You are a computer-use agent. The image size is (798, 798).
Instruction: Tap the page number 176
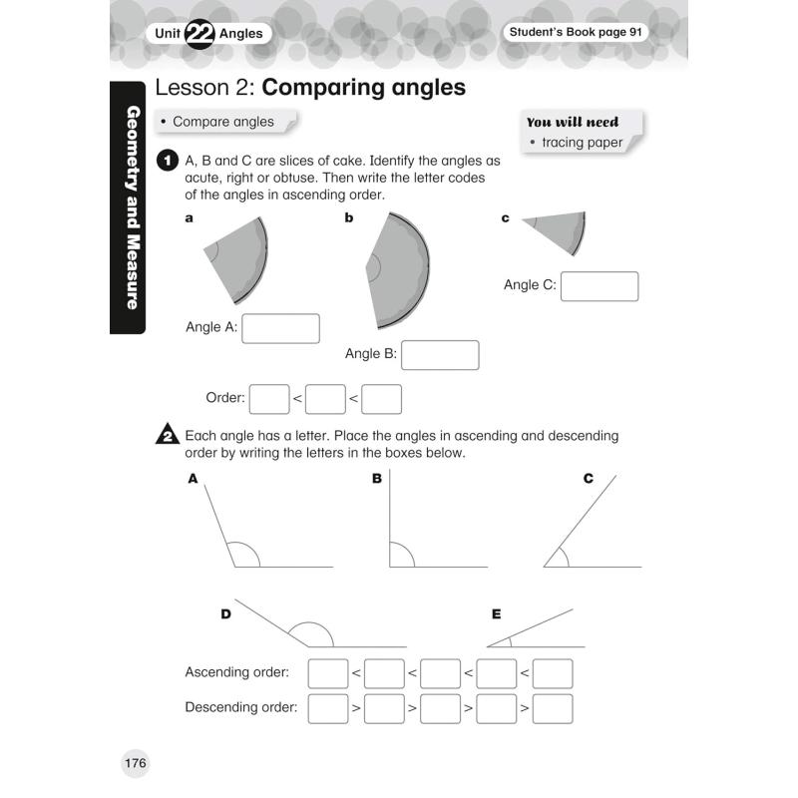pos(136,764)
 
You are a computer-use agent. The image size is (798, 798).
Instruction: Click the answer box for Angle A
pos(280,328)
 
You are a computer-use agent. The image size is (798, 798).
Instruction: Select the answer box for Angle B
pos(440,355)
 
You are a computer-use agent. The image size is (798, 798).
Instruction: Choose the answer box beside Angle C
pos(599,286)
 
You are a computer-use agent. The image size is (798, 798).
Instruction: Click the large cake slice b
pos(399,269)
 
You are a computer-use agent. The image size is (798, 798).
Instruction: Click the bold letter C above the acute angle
pos(589,479)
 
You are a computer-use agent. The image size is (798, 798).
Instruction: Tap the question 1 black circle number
pos(168,161)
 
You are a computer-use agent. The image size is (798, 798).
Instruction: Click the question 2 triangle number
pos(168,436)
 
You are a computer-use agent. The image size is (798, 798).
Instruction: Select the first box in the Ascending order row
pos(328,673)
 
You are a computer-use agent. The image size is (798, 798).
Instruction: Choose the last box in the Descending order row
pos(553,708)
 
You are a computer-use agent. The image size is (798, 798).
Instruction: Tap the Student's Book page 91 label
pos(577,33)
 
